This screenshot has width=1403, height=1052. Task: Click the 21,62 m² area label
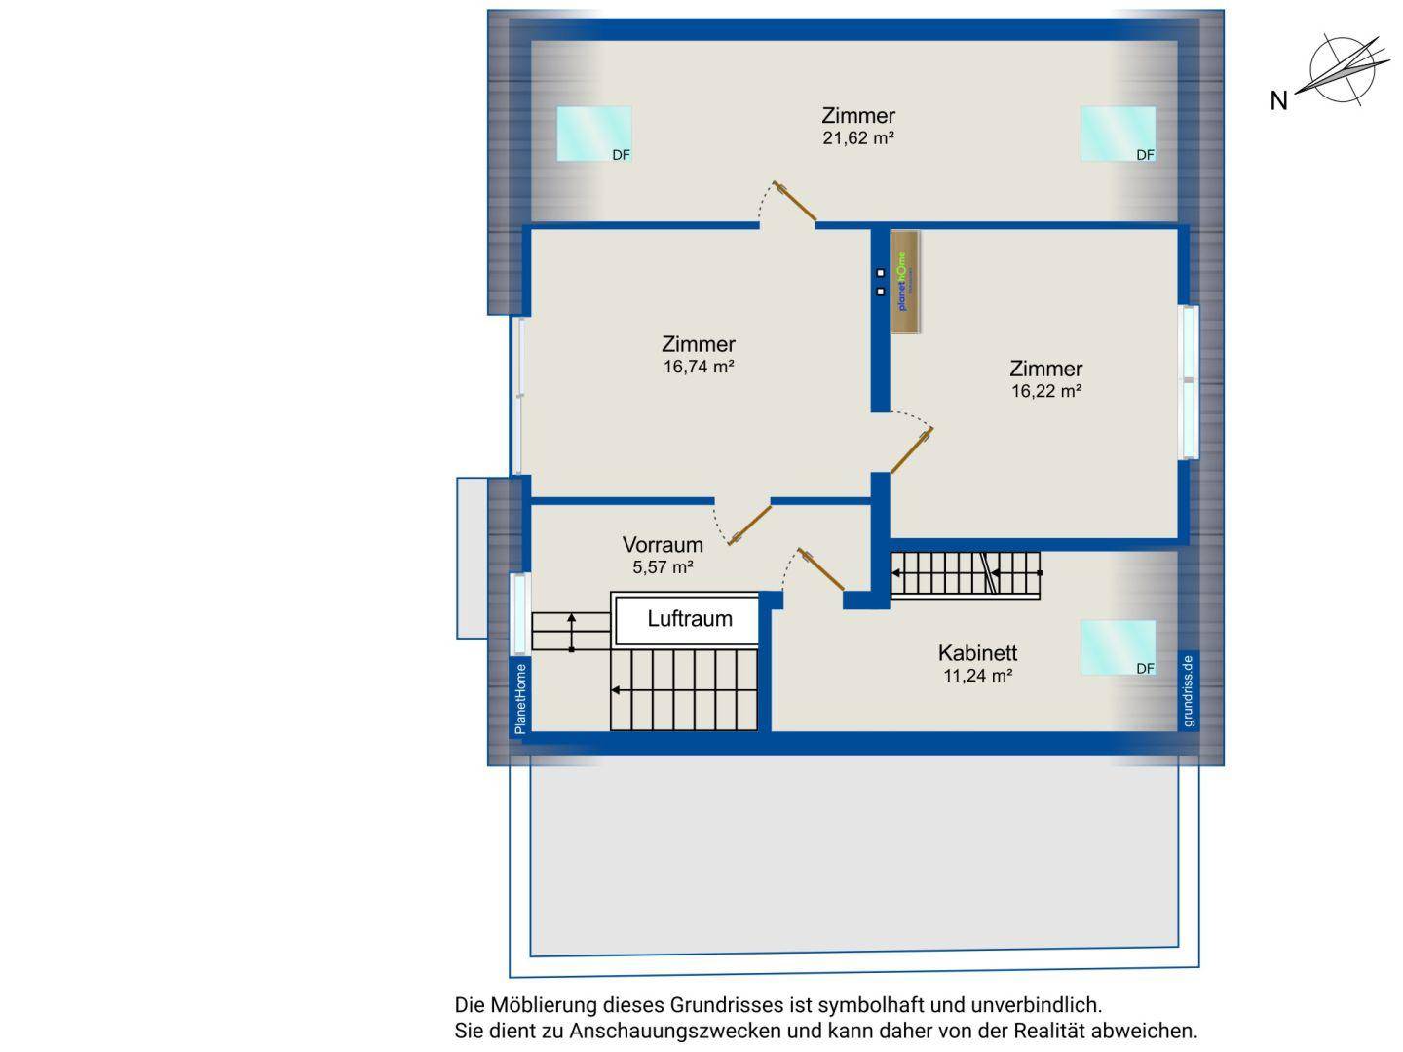pos(858,138)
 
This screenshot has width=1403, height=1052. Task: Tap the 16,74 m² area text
pos(698,368)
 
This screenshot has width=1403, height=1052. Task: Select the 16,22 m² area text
pos(1046,391)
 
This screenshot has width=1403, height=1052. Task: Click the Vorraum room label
pos(663,545)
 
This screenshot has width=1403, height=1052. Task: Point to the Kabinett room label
pos(977,653)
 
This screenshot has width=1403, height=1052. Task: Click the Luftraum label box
pos(689,619)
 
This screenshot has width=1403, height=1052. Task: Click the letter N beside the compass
pos(1279,100)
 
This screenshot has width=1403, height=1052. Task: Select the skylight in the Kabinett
pos(1118,647)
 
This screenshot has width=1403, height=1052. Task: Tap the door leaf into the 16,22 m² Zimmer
pos(913,451)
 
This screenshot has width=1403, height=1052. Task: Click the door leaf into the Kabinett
pos(821,570)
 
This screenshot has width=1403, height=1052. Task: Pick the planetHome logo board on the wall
pos(906,283)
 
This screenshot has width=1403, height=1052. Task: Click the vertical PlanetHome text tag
pos(520,698)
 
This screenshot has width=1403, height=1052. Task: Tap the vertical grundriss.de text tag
pos(1188,690)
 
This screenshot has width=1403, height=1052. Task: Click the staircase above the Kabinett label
pos(966,574)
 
